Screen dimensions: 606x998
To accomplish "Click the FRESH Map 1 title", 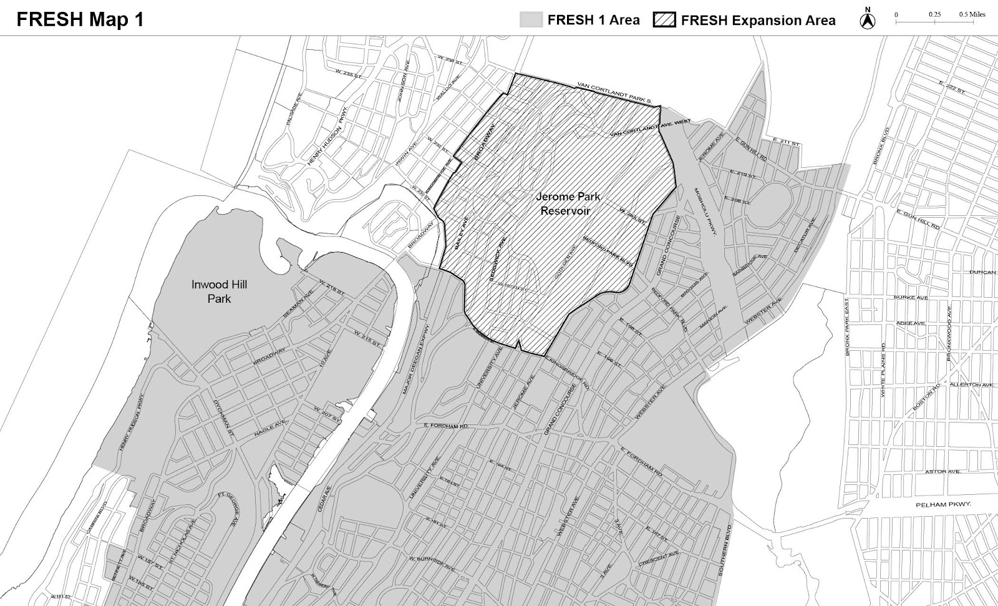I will (80, 19).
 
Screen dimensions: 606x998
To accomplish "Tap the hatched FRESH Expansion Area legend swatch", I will (665, 20).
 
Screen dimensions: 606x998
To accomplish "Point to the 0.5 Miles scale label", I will (972, 14).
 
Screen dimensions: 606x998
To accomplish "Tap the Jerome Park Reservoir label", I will (568, 203).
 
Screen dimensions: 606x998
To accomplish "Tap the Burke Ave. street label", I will (911, 298).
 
